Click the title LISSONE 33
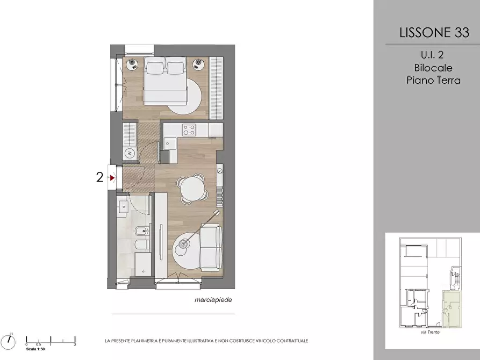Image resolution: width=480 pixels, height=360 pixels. click(x=434, y=32)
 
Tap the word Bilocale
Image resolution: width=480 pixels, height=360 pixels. click(x=433, y=68)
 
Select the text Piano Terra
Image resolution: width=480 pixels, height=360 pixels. click(x=433, y=80)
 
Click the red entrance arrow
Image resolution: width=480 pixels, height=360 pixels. click(x=113, y=177)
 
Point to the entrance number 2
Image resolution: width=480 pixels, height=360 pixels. click(x=100, y=177)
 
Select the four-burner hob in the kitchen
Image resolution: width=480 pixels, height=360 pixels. click(x=189, y=129)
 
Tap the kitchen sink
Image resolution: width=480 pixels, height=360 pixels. click(x=169, y=143)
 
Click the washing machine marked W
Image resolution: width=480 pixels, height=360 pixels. click(x=129, y=153)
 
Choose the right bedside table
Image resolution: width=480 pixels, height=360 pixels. click(x=198, y=64)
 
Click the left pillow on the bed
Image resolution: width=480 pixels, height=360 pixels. click(x=155, y=67)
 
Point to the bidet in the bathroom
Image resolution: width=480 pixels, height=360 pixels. click(x=141, y=232)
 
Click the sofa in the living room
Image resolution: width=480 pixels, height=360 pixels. click(x=211, y=247)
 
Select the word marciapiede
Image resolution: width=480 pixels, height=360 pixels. click(x=213, y=300)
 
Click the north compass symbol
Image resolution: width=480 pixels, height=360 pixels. click(x=8, y=341)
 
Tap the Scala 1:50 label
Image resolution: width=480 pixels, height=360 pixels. click(x=35, y=349)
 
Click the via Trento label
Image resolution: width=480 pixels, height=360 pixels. click(x=430, y=332)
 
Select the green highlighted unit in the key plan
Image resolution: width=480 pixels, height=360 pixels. click(x=452, y=309)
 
